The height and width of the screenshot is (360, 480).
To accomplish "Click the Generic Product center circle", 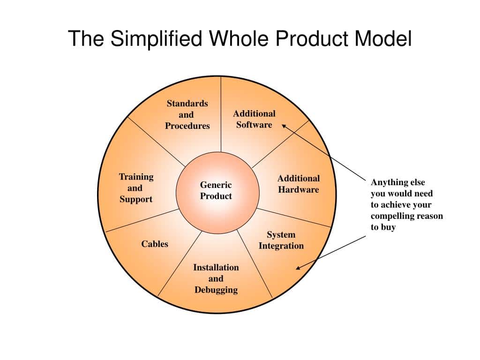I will click(x=217, y=191).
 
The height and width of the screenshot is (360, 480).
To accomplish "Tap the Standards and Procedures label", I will click(x=187, y=115).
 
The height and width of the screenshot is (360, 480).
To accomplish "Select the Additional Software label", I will click(x=254, y=119).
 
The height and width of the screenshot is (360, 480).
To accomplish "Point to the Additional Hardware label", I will click(x=298, y=184).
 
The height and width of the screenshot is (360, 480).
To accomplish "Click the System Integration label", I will click(x=281, y=240).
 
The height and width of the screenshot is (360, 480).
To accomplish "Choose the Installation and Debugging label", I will click(x=216, y=278).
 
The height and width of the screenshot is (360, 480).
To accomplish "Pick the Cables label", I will click(x=155, y=244).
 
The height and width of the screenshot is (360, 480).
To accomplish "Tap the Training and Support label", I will click(x=136, y=188).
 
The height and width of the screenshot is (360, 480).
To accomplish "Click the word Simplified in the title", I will click(x=157, y=39).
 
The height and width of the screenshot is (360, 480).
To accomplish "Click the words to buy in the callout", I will click(x=383, y=227).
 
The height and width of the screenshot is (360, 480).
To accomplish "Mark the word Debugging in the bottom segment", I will click(x=216, y=290).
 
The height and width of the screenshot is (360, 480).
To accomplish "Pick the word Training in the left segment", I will click(x=136, y=177).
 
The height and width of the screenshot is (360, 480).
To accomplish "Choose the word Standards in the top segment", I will click(x=187, y=104).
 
